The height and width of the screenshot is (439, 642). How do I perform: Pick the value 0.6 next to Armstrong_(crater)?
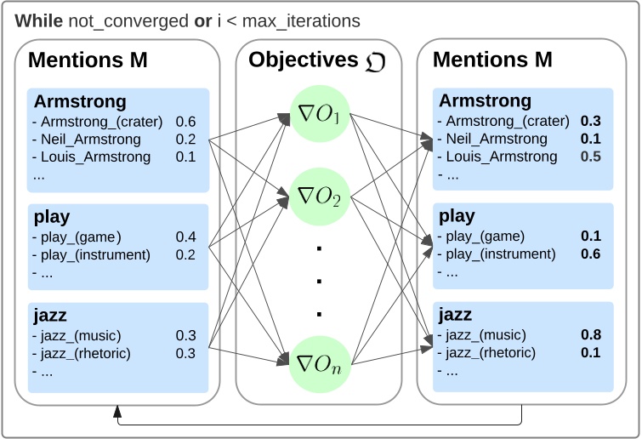click(185, 122)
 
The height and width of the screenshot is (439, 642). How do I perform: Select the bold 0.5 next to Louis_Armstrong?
click(591, 157)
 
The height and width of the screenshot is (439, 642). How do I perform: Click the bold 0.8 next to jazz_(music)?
click(591, 335)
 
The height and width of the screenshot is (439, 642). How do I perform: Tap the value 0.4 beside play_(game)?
click(185, 237)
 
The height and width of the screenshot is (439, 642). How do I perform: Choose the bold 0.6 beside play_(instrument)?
click(591, 254)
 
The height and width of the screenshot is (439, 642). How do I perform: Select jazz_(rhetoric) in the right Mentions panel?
click(491, 353)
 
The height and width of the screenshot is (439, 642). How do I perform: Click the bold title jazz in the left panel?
click(49, 316)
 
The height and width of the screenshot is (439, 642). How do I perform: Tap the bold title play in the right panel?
click(457, 217)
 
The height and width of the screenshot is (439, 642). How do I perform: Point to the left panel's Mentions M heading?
click(88, 60)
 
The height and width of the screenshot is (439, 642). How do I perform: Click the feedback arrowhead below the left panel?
click(116, 412)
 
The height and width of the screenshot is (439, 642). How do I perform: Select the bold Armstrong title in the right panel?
click(485, 101)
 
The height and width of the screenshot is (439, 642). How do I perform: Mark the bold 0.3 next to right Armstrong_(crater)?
click(591, 122)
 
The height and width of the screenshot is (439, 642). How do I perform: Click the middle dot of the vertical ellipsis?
click(319, 282)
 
